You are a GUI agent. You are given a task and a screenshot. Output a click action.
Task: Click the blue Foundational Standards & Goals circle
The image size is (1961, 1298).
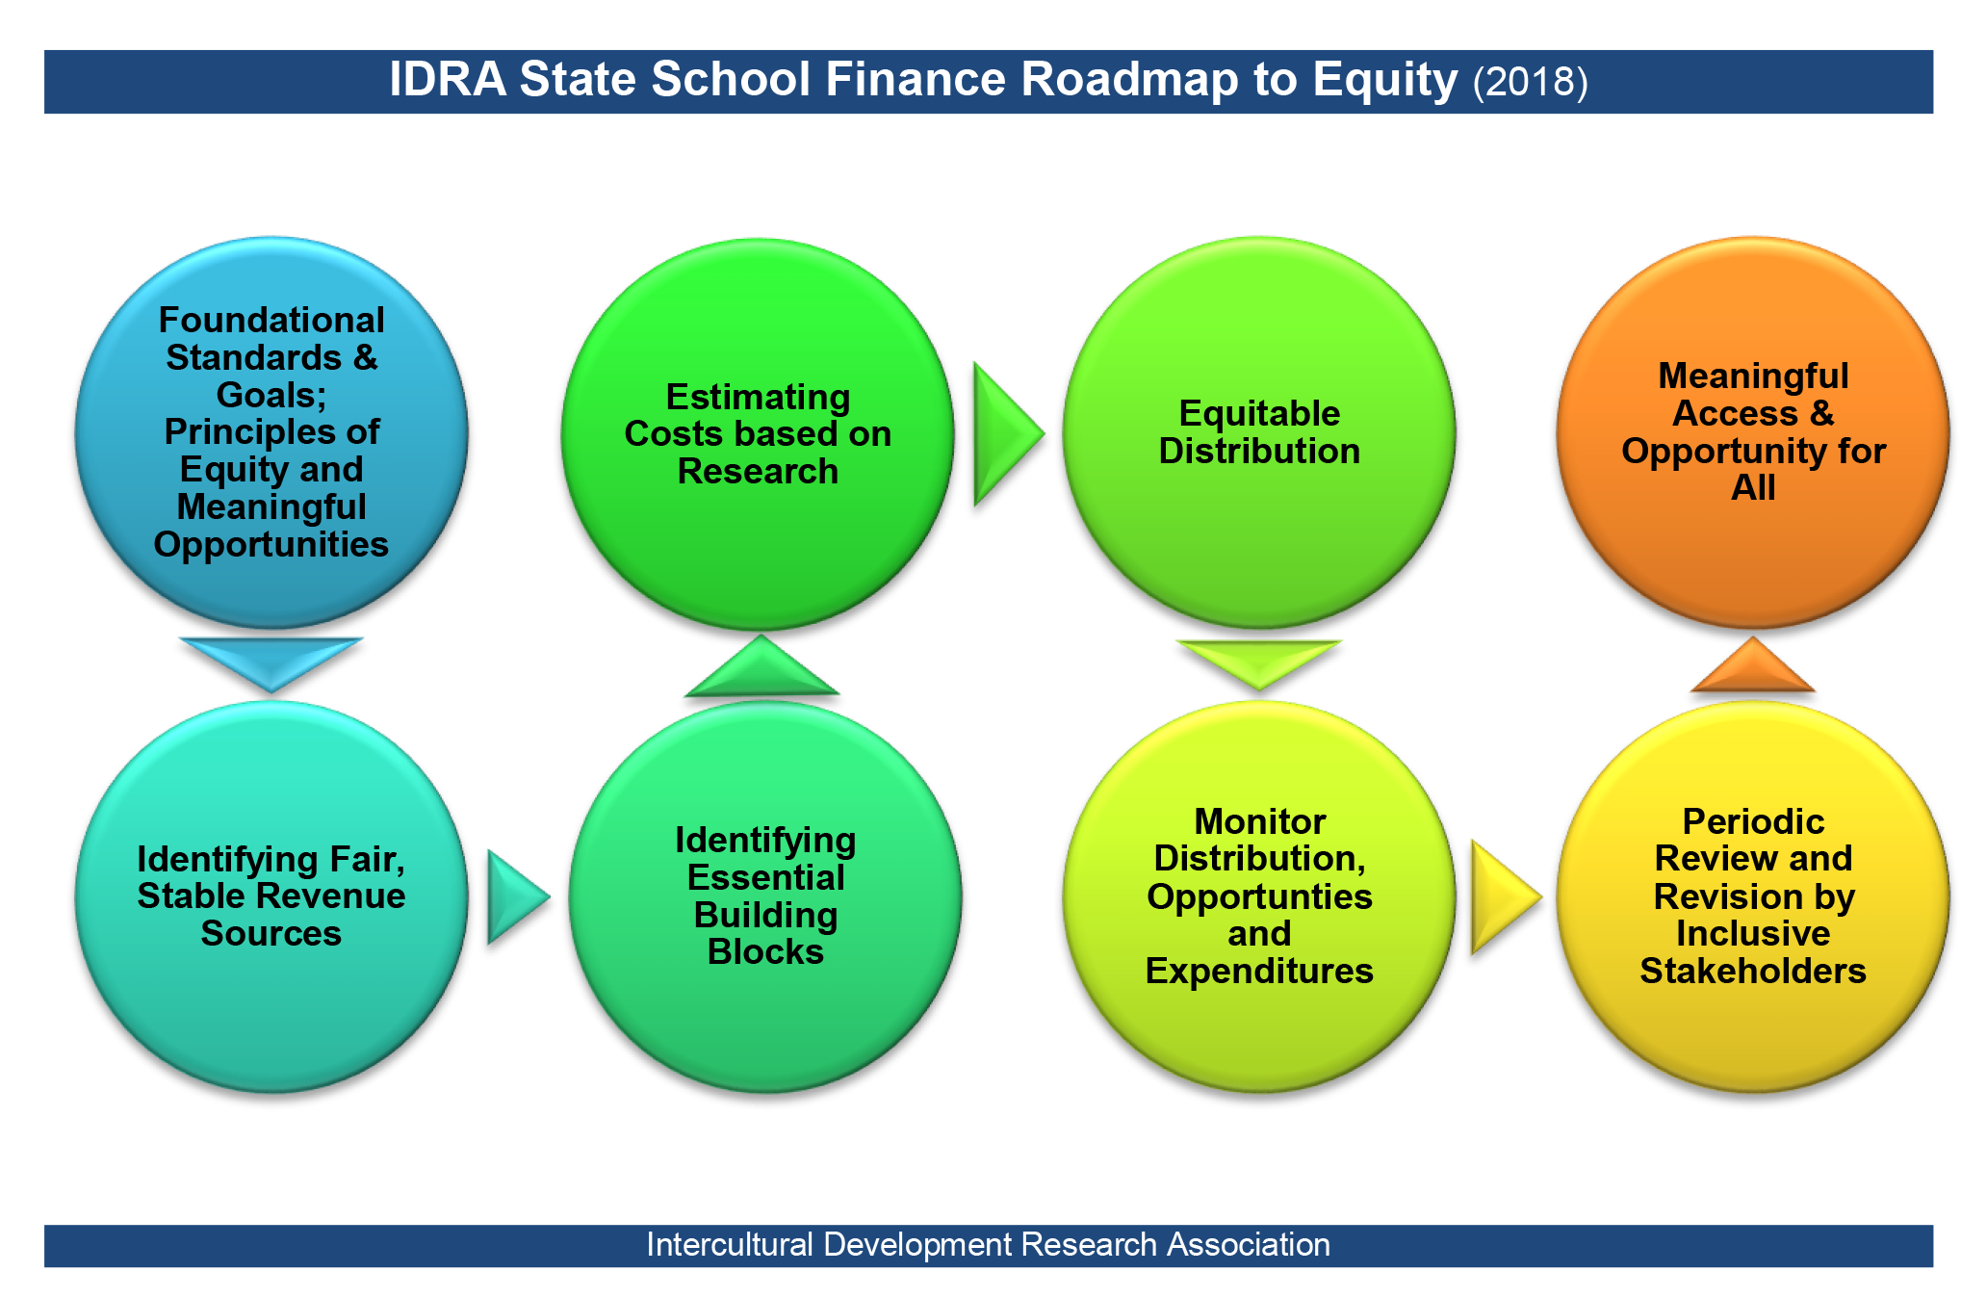271,432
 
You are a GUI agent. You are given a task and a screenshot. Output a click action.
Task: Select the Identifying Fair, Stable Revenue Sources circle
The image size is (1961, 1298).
271,896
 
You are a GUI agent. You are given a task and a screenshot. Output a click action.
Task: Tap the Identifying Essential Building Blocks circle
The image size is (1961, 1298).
765,896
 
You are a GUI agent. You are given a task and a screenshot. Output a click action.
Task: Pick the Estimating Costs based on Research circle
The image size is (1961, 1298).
758,434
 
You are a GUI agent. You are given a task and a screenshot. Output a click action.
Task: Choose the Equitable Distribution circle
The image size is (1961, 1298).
1259,432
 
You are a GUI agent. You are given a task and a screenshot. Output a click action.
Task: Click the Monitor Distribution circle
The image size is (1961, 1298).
1259,896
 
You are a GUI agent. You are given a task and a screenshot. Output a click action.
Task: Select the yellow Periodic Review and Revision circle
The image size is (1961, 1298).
1753,896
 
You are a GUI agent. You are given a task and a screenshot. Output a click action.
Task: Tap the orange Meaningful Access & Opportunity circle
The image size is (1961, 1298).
1753,432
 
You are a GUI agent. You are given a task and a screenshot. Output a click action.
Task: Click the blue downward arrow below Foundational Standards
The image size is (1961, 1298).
271,661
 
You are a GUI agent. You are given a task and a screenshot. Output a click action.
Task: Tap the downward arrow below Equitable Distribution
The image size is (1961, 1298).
1259,662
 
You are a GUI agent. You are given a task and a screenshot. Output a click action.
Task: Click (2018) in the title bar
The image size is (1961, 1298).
1530,82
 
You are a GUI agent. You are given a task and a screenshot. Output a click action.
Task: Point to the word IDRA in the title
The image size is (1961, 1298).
448,79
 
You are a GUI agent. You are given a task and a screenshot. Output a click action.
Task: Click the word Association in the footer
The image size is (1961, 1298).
1249,1244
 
